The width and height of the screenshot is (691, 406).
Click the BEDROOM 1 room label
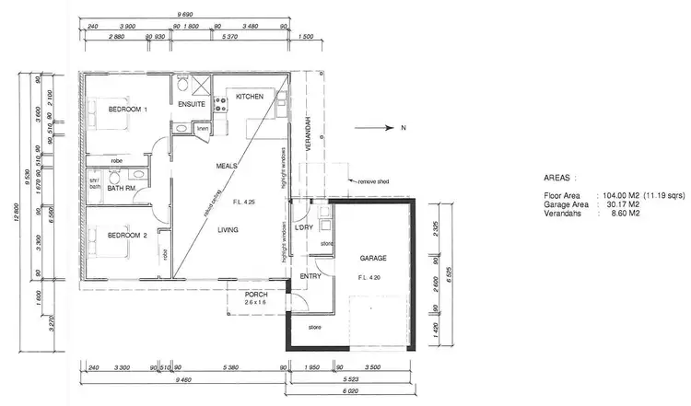(128, 110)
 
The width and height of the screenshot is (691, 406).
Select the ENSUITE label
(192, 104)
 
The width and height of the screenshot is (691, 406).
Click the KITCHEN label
(250, 97)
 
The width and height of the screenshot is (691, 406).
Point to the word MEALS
(227, 167)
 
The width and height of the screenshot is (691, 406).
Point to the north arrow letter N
(402, 129)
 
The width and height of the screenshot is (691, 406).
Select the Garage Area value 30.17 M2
(621, 204)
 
